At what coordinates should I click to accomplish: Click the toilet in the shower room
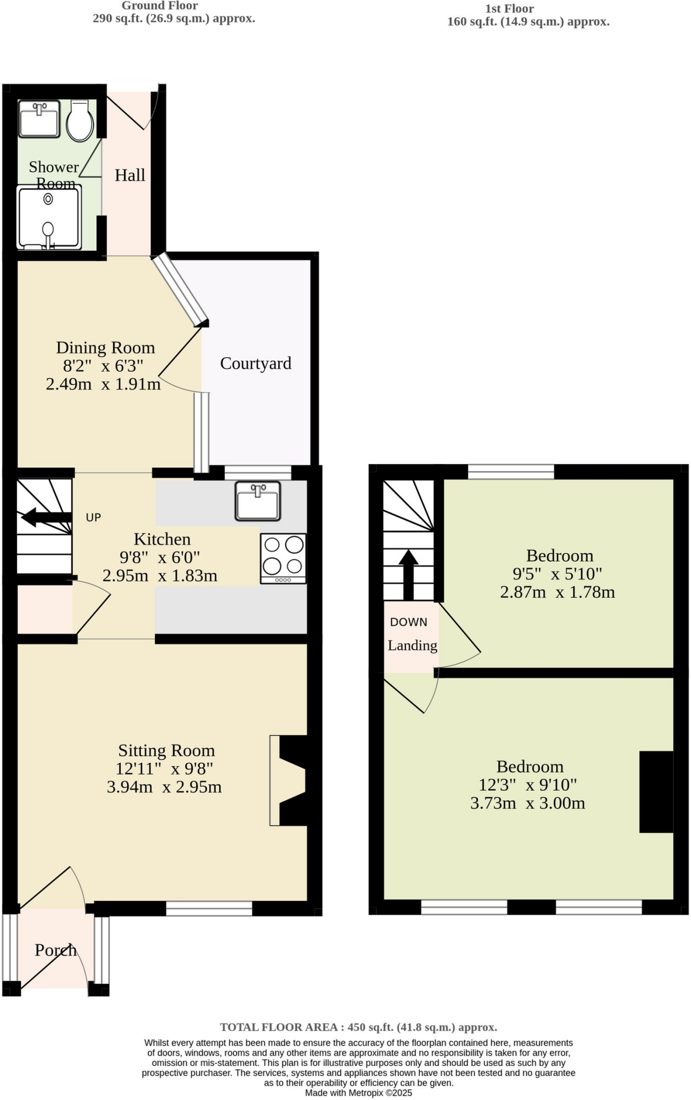(x=80, y=121)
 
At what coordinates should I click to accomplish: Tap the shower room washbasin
(x=39, y=119)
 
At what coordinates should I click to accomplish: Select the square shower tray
(x=49, y=218)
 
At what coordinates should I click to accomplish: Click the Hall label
(x=130, y=176)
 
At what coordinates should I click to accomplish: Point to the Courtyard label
(x=256, y=364)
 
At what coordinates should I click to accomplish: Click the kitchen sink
(x=258, y=501)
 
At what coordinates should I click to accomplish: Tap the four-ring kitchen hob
(x=283, y=558)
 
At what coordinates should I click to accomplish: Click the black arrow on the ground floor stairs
(x=46, y=517)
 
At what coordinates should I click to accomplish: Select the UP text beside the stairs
(x=93, y=518)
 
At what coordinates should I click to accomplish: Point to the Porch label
(x=55, y=950)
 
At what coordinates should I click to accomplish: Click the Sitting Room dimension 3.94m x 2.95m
(x=164, y=787)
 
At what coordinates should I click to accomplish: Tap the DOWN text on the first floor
(x=409, y=622)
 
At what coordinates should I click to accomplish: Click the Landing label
(x=412, y=646)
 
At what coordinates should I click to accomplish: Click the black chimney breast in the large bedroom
(x=656, y=792)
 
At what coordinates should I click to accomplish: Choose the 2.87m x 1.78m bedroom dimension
(x=557, y=592)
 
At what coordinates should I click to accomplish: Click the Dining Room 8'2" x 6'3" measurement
(x=103, y=366)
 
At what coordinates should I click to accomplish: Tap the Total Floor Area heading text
(x=358, y=1027)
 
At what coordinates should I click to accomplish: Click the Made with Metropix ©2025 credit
(x=358, y=1092)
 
